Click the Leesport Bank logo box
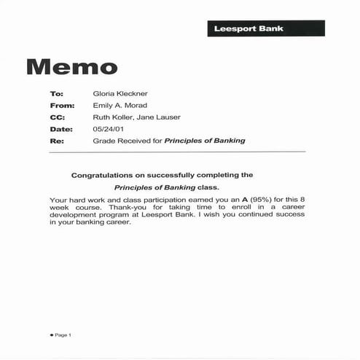265,28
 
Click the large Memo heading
71,67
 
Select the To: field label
57,94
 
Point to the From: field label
61,106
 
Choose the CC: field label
58,117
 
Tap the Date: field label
60,129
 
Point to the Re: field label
57,141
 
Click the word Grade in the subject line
104,141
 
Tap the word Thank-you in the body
135,208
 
